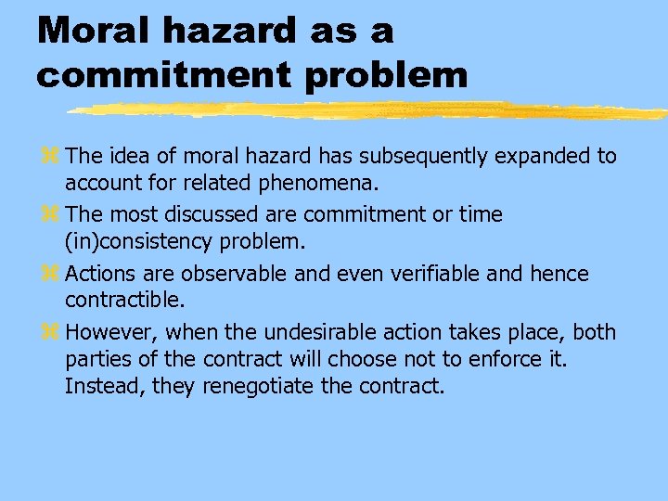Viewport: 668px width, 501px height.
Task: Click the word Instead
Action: [x=102, y=385]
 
